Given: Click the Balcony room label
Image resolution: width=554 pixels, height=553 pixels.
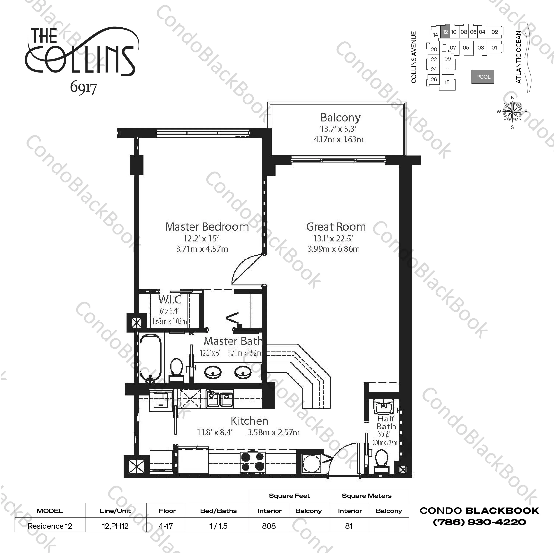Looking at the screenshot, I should point(340,117).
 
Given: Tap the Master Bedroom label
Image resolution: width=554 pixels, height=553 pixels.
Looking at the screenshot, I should point(207,227).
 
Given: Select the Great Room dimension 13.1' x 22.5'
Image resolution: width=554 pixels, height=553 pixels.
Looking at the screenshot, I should point(333,238).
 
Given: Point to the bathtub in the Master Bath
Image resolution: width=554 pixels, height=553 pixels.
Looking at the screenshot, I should point(150,358).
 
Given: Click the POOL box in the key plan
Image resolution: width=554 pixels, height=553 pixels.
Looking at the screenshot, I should point(483,77).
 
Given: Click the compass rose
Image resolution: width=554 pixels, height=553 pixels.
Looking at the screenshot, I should point(512,112).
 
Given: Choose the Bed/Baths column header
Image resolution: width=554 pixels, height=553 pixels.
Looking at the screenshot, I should point(218,511).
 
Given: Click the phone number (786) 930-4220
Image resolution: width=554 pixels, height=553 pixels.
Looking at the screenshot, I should point(479,522).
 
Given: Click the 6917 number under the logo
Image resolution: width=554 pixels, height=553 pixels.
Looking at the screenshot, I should point(83,87).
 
